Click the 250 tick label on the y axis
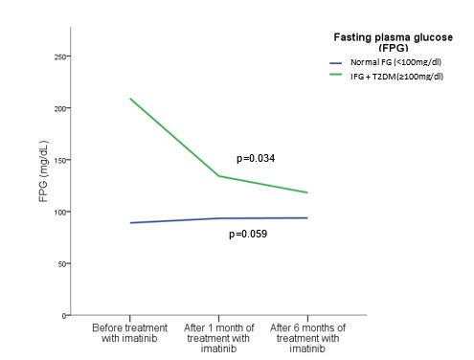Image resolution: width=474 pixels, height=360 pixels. tap(60, 56)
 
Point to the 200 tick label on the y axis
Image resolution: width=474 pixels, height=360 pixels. tap(60, 108)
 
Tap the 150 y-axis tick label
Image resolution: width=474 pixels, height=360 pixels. tap(60, 160)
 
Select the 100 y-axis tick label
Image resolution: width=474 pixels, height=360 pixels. tap(60, 212)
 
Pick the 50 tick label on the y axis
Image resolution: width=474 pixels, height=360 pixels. tap(62, 264)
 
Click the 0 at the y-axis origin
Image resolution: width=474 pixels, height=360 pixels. tap(64, 316)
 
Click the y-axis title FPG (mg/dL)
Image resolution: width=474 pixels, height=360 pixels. tap(43, 171)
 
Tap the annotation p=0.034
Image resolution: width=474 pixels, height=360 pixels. tap(256, 158)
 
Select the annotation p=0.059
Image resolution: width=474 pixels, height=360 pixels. tap(248, 234)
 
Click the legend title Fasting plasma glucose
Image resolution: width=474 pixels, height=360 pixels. tap(394, 37)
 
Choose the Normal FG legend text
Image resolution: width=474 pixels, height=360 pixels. tap(395, 62)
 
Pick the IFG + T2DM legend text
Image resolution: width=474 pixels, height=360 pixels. tap(396, 77)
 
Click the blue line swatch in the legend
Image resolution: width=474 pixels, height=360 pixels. tap(336, 63)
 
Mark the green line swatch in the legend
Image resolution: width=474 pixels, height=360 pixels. tap(336, 75)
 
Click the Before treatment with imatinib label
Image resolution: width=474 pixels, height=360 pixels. tap(129, 333)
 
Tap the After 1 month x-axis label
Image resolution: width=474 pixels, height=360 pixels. tap(218, 338)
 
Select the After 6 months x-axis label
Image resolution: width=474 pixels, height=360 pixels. tap(307, 338)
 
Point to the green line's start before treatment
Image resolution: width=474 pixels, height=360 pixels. tap(130, 99)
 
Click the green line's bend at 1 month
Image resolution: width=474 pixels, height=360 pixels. tap(218, 176)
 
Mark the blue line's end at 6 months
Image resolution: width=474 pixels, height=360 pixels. tap(307, 218)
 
